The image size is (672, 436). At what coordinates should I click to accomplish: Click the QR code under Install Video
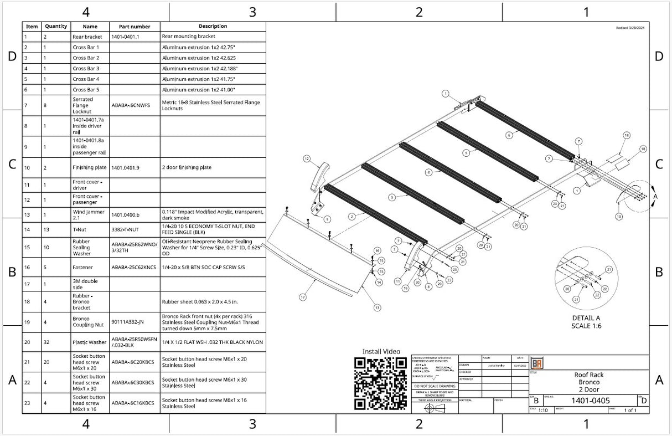(380, 383)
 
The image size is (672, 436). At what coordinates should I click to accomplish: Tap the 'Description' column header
(213, 27)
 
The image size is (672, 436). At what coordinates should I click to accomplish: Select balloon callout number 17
(303, 297)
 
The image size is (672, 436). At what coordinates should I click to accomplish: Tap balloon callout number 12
(306, 158)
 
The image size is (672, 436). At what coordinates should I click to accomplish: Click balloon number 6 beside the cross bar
(509, 135)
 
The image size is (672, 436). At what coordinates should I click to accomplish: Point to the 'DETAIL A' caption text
(586, 318)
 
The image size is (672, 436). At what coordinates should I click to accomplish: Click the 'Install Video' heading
(381, 351)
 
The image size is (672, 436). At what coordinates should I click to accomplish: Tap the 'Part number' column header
(134, 27)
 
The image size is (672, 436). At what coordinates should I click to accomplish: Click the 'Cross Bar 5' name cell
(86, 89)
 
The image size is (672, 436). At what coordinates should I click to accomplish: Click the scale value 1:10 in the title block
(543, 411)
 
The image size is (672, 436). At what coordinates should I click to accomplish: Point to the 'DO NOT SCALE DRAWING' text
(435, 386)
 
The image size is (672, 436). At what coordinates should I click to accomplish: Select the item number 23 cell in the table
(27, 403)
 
